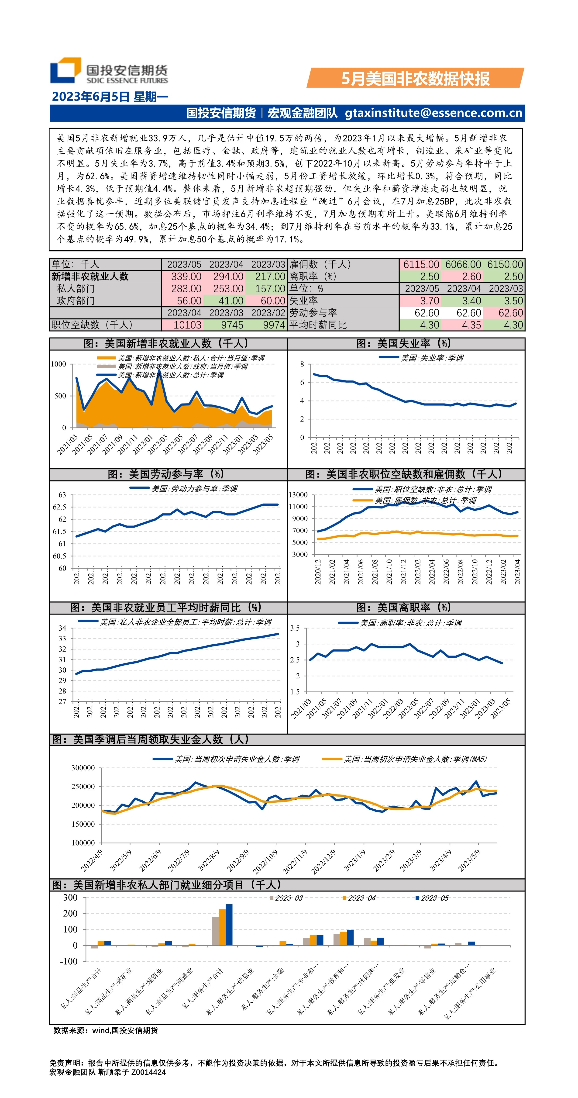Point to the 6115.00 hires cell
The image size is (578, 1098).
(x=421, y=265)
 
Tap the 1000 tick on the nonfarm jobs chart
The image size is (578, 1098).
(x=58, y=364)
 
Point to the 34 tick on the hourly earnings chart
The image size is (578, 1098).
(x=62, y=628)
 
